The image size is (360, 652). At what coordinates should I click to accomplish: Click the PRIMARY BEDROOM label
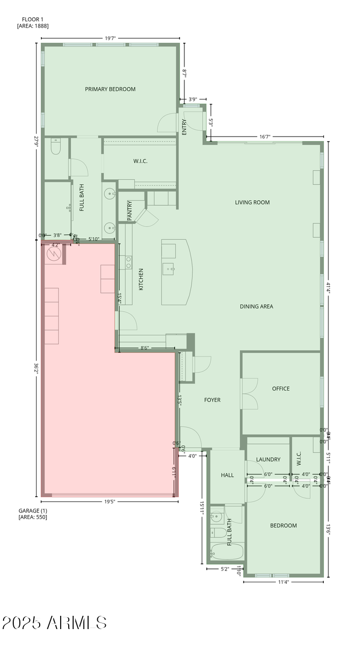(110, 89)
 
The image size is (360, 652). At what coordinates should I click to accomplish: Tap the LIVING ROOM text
(252, 202)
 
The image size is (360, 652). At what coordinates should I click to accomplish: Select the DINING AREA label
(256, 306)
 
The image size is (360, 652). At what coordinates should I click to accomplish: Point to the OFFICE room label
(281, 389)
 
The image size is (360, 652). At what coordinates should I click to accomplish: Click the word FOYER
(212, 400)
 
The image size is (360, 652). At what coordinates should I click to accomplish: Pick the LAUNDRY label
(268, 459)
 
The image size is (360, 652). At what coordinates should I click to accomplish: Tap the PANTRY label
(130, 210)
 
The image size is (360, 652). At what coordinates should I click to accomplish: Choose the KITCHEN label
(141, 279)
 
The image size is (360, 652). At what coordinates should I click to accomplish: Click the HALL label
(227, 475)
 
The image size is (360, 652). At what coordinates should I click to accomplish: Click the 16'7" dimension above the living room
(265, 137)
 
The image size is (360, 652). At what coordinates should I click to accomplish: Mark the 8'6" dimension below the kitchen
(145, 348)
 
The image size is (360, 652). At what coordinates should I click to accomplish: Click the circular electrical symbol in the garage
(53, 253)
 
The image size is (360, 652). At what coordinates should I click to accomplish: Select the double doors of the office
(250, 393)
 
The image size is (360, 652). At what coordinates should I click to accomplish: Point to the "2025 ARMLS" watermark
(54, 622)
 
